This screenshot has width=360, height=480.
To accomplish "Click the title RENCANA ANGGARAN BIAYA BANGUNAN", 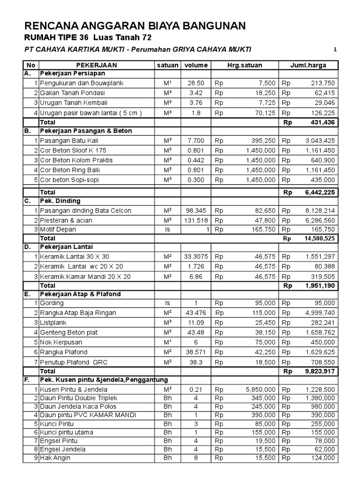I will [135, 26].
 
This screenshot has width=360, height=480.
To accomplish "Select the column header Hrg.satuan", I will [245, 65].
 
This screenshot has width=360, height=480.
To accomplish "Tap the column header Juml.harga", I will [308, 65].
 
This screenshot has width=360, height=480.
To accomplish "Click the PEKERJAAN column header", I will [94, 65].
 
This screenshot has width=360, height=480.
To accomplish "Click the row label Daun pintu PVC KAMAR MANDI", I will [82, 415].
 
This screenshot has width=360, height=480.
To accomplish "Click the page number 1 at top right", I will [335, 49].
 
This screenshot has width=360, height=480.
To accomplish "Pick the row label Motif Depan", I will [58, 229].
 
